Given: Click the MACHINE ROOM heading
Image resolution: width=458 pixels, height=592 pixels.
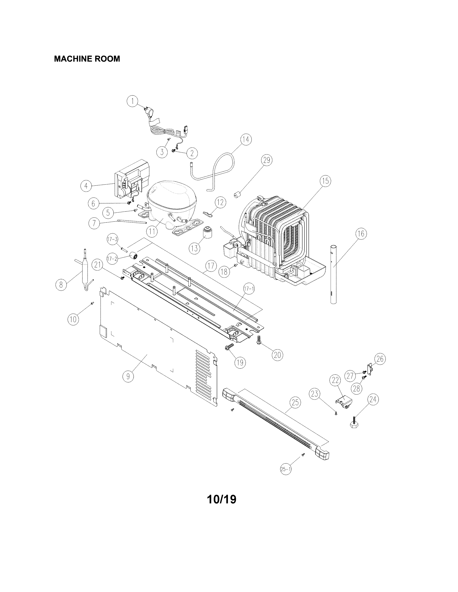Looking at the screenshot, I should click(87, 59).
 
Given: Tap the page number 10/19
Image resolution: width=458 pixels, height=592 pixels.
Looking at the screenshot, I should click(221, 499).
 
